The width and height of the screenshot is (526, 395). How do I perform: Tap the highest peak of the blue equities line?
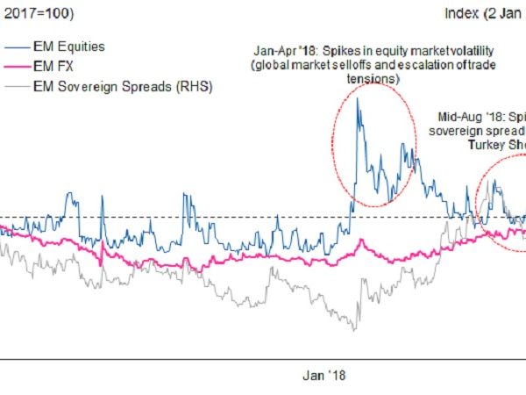click(x=358, y=98)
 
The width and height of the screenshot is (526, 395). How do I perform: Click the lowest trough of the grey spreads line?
click(x=355, y=330)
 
